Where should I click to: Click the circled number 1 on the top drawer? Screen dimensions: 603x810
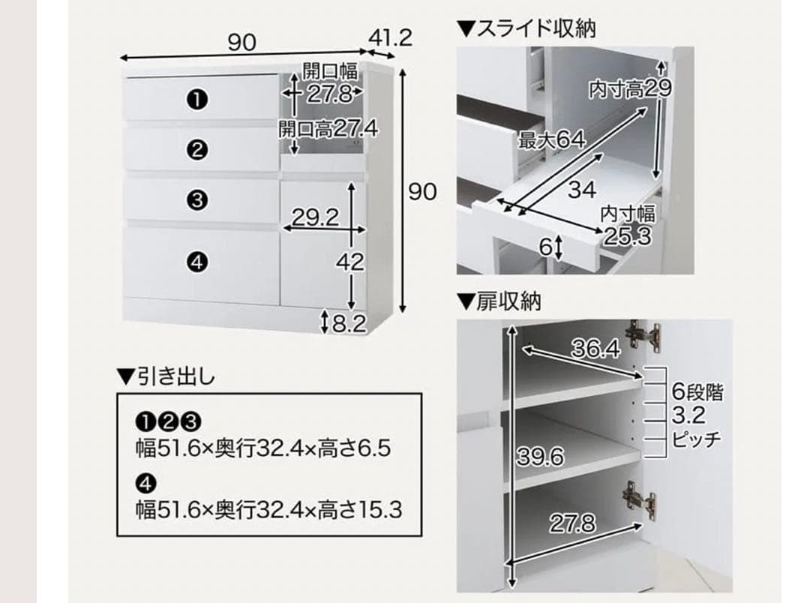197,99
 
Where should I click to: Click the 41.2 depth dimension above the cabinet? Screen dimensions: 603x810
390,37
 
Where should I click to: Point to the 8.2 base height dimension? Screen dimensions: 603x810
347,323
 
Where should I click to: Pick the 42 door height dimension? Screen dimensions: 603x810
350,262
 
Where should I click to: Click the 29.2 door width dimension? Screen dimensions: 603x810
315,218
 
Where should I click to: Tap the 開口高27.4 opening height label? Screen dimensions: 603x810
328,128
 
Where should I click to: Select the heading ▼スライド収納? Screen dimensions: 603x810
526,29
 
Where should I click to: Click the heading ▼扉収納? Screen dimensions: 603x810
499,301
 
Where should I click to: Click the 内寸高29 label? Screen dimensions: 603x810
630,89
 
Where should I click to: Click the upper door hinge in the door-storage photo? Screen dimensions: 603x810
643,337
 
